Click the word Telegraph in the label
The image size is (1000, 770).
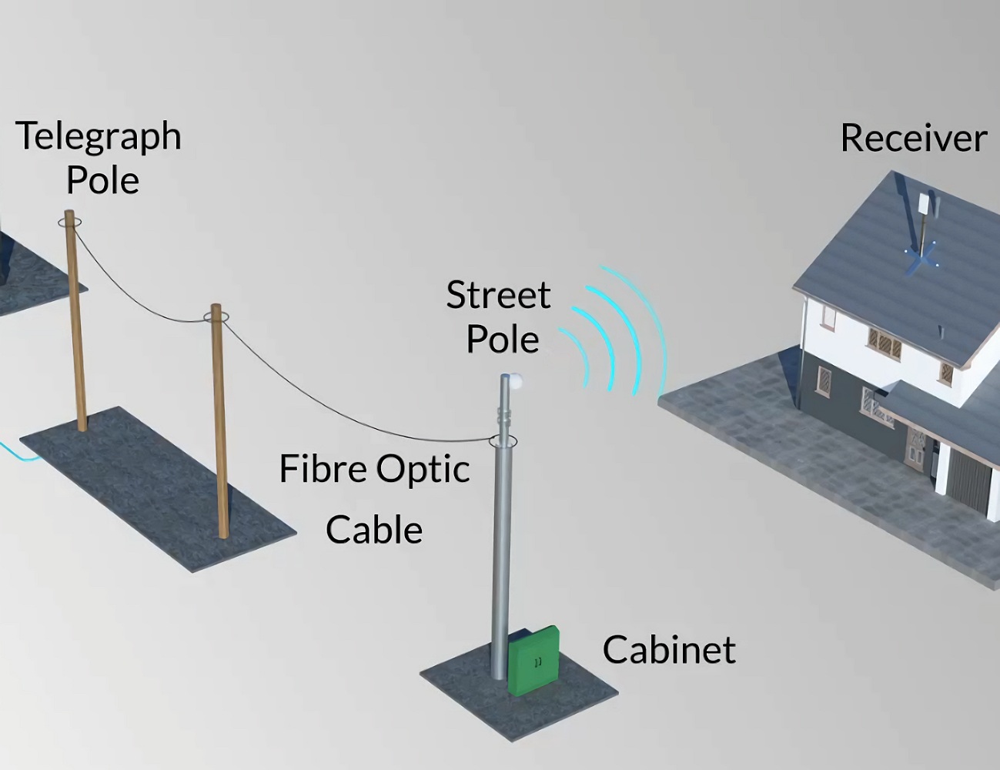(x=98, y=137)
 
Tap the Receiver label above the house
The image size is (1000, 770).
(x=913, y=139)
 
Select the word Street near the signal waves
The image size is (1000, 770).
(x=498, y=295)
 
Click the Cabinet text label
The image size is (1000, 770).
(x=668, y=650)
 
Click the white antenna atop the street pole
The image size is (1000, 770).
(x=514, y=380)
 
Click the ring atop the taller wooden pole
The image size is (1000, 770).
(x=69, y=223)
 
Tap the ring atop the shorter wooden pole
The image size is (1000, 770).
(x=216, y=316)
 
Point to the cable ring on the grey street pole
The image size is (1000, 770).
(x=503, y=442)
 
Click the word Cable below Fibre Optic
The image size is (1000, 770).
(x=374, y=531)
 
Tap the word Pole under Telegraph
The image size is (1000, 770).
(x=102, y=181)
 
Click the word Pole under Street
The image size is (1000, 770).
(x=502, y=340)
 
